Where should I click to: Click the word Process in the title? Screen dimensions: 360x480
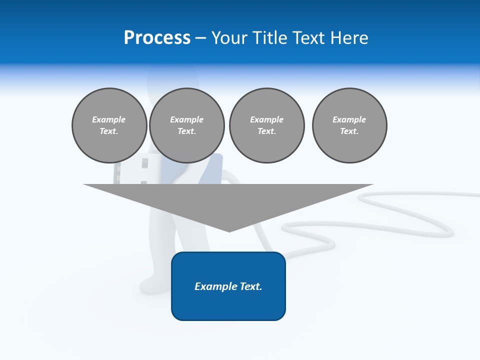tap(157, 38)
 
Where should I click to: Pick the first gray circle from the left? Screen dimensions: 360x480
tap(109, 125)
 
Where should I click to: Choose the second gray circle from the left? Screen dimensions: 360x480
tap(186, 125)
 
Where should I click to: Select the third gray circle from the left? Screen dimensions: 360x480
tap(266, 125)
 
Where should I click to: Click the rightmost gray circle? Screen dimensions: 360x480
tap(349, 125)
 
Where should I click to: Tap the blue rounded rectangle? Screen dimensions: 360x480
tap(228, 305)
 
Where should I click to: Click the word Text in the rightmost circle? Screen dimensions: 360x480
tap(349, 131)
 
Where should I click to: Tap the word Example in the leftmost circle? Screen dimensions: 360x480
tap(109, 119)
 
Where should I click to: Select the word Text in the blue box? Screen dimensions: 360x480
tap(251, 286)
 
